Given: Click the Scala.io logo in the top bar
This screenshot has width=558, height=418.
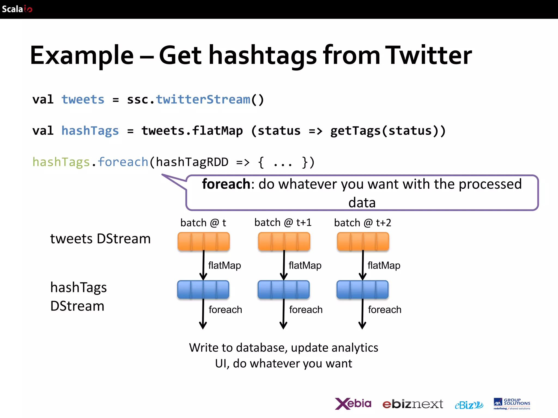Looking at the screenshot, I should [17, 9].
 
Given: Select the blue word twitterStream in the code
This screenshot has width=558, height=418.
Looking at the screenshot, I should [203, 100].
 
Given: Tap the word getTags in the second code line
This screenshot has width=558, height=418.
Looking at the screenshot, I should [355, 131].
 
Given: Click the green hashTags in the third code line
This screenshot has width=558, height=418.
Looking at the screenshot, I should [61, 162].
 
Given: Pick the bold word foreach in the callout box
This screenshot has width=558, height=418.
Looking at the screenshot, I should [226, 184].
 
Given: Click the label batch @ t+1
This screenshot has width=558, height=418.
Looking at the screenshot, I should [283, 223].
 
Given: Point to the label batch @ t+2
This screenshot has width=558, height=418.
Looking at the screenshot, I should [362, 223].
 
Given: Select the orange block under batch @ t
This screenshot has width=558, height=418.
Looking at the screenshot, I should [204, 241].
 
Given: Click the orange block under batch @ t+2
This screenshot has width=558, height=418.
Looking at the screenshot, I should [363, 241].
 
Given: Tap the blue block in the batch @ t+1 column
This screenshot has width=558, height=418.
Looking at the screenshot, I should [283, 290].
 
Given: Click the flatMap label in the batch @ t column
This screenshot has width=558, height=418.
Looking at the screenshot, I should [225, 265].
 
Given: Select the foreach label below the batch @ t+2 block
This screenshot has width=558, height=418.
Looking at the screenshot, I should [384, 310].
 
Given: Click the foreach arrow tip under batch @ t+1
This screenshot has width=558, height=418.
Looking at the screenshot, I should [283, 327].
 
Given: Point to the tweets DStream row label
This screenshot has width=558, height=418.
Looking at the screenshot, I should [100, 239].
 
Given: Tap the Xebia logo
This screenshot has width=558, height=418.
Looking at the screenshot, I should [353, 404].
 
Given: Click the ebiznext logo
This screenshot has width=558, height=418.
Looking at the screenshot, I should [413, 404].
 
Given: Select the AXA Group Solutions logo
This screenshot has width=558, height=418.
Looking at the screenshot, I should [512, 404].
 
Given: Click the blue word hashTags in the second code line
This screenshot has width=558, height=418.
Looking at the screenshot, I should [90, 131].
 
